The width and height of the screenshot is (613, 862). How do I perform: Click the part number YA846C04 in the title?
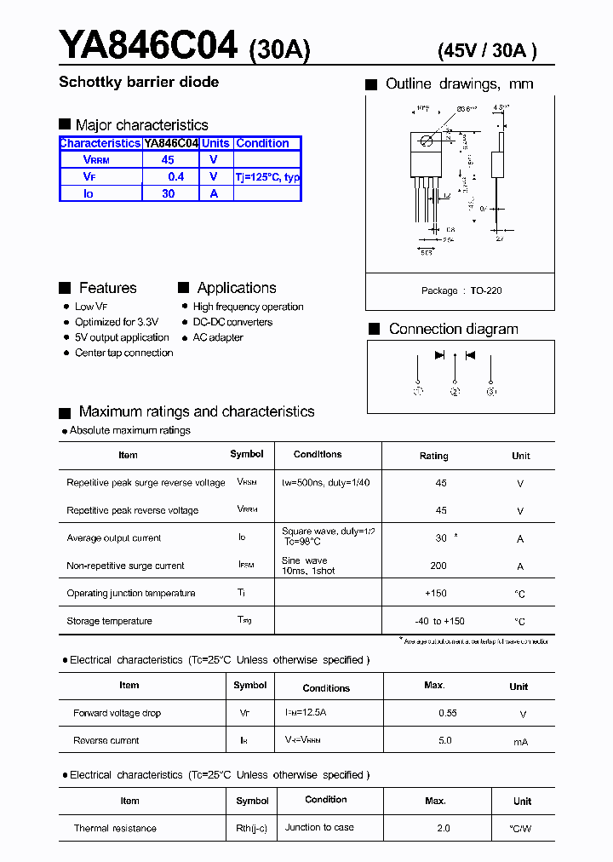pos(147,45)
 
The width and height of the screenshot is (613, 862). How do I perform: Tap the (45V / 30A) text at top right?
pos(486,50)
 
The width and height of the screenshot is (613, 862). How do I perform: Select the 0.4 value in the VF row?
pos(175,176)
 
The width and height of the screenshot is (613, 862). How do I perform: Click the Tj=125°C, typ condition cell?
pos(267,177)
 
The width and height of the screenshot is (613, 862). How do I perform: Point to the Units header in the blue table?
pos(215,143)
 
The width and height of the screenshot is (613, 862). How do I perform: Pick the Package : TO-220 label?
pos(461,290)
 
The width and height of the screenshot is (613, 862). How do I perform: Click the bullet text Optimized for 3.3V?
pos(117,322)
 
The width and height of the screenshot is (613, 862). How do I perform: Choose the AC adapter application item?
pos(218,337)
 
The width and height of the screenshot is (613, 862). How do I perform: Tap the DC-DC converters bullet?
pos(232,322)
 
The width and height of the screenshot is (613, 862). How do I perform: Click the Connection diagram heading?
pos(453,329)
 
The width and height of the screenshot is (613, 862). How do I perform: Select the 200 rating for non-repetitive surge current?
pos(438,566)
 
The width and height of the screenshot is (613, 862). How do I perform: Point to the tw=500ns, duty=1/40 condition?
pos(325,482)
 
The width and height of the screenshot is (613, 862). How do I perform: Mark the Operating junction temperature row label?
pos(131,593)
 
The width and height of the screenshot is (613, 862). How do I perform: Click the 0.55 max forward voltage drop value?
pos(447,713)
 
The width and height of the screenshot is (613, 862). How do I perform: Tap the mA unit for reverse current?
pos(520,742)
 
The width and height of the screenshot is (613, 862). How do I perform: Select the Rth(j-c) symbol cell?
pos(253,828)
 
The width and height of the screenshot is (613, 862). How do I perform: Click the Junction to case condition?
pos(320,827)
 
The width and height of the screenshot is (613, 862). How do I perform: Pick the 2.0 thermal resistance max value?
pos(444,828)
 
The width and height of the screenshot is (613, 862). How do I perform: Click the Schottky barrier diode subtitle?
pos(139,83)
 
